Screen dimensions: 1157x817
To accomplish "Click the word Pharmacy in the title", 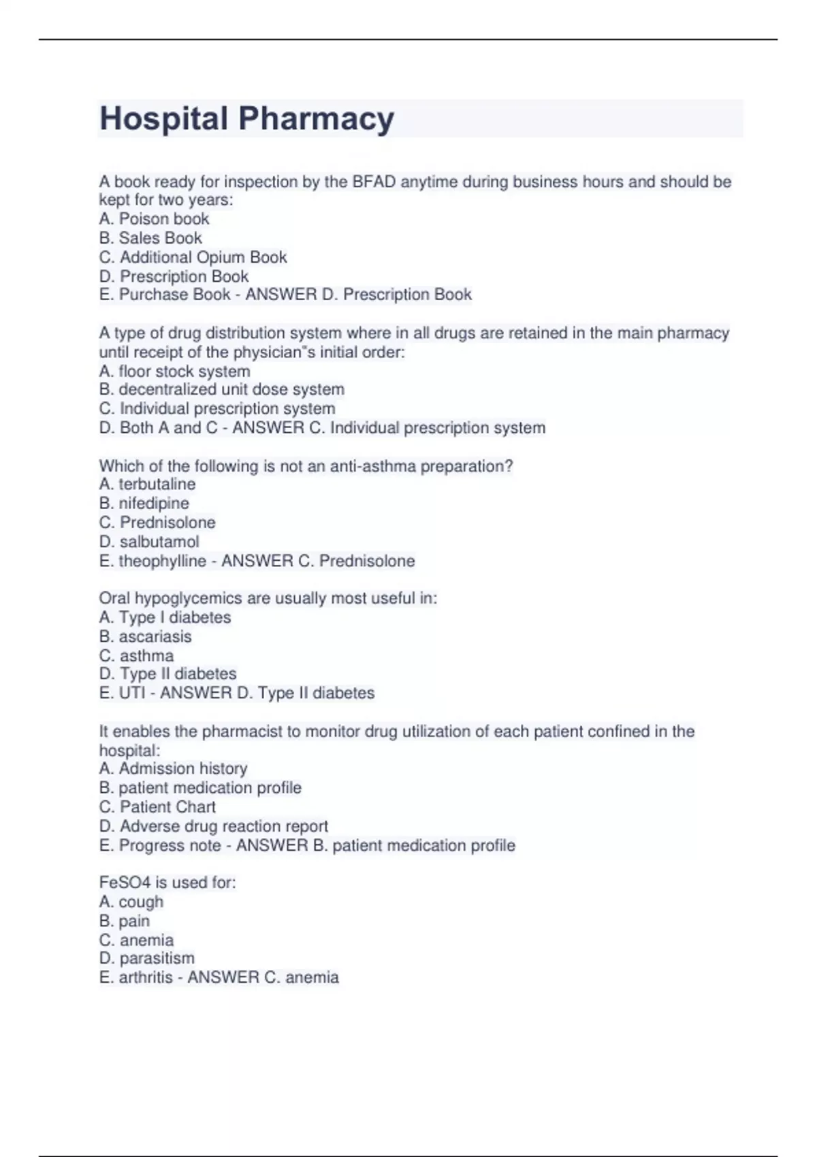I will (316, 119).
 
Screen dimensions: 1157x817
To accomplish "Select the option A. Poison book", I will (154, 219).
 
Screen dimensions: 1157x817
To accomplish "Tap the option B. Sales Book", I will (150, 238).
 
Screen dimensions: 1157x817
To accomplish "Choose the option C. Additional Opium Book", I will (193, 257).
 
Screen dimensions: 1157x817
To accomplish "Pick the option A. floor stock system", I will (174, 372).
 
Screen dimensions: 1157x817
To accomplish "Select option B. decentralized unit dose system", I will (221, 389).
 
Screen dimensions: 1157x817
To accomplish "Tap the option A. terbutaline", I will (147, 485).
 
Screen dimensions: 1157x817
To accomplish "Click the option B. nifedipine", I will (144, 504).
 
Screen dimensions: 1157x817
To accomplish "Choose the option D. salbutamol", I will (149, 542).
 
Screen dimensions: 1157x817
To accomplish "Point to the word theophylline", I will (162, 561).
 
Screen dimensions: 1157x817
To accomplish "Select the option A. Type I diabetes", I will (165, 617).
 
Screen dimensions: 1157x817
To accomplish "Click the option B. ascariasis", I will (145, 636).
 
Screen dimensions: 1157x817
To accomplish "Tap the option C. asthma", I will (136, 655).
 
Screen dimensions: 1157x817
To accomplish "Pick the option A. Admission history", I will (173, 768).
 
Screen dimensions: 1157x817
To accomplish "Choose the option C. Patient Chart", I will (157, 806).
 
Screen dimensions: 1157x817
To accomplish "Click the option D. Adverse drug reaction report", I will (213, 826).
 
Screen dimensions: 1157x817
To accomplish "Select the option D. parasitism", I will (147, 958).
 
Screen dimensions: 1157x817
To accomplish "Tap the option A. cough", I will (131, 902).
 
